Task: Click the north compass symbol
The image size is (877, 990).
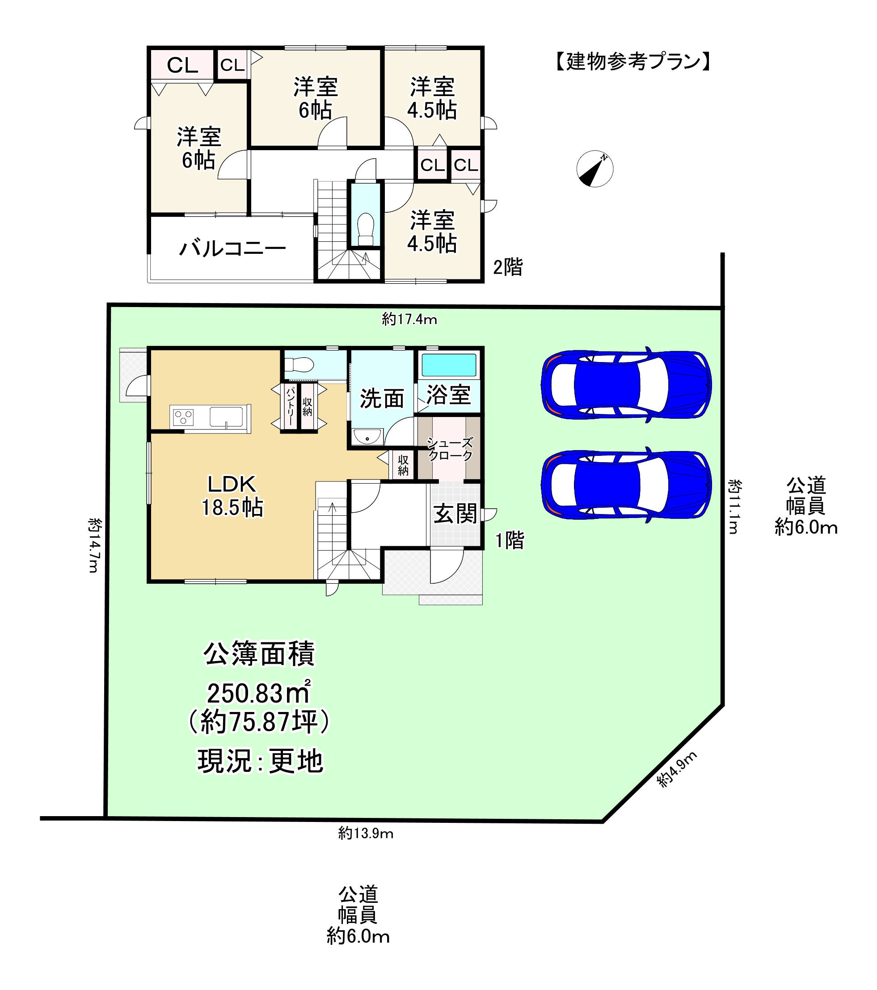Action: tap(595, 169)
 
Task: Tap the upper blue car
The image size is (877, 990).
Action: tap(626, 385)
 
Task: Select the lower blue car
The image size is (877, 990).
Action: tap(626, 484)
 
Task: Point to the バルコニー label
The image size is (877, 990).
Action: tap(232, 249)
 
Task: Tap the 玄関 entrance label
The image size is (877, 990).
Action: tap(455, 514)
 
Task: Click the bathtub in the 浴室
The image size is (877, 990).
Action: tap(449, 365)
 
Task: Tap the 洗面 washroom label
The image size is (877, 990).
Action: tap(382, 399)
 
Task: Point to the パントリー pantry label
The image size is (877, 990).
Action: tap(291, 406)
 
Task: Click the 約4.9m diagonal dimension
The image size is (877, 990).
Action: tap(677, 769)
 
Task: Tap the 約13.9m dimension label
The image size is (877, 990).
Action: tap(366, 833)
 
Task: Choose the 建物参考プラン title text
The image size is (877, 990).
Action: tap(633, 62)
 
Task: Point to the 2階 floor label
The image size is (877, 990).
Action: tap(507, 267)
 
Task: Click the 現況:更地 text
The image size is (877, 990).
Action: tap(260, 761)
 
